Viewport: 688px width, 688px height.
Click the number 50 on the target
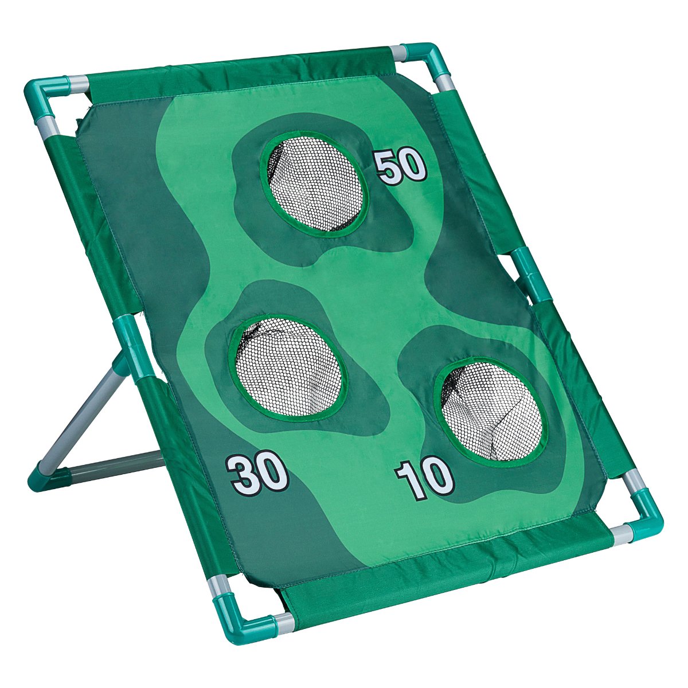pyautogui.click(x=401, y=167)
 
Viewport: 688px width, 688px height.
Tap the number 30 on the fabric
pyautogui.click(x=256, y=474)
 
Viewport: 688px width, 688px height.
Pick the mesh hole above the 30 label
pyautogui.click(x=288, y=367)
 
